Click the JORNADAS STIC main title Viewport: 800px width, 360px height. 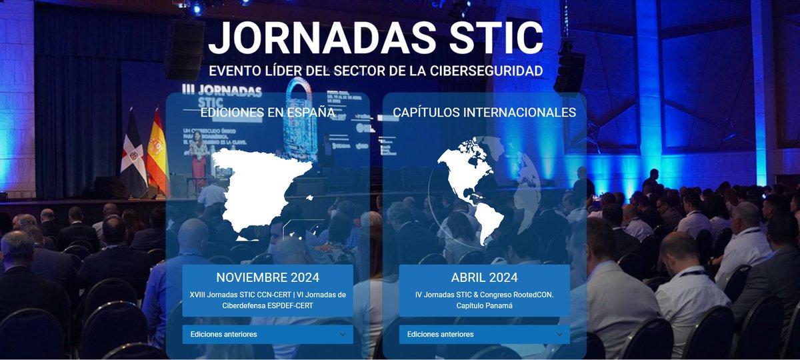pos(375,38)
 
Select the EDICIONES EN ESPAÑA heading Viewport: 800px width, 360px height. pos(267,113)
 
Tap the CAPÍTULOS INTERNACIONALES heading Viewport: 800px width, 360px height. pos(485,113)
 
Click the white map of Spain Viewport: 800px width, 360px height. pos(260,190)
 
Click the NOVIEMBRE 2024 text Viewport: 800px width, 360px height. pos(267,277)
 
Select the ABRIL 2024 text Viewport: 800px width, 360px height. pos(484,277)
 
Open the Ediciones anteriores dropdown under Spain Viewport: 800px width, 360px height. pos(267,334)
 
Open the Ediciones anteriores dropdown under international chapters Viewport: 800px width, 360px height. pos(484,334)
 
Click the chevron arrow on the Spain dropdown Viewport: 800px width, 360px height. pos(343,334)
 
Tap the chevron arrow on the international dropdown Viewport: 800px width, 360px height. pos(559,334)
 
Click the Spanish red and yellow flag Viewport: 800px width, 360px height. pos(157,153)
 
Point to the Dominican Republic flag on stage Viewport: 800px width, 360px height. pos(133,157)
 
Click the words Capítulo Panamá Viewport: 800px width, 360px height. pos(484,305)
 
